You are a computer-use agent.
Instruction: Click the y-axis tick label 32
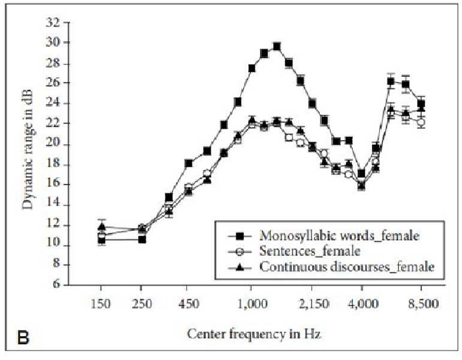tap(53, 22)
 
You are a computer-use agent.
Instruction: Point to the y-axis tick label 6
tap(56, 285)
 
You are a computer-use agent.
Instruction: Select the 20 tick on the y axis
tap(53, 145)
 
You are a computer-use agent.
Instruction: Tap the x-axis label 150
tap(101, 304)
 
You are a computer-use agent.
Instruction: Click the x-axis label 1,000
tap(250, 304)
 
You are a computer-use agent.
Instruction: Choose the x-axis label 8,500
tap(423, 304)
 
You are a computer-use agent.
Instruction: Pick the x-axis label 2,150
tap(314, 304)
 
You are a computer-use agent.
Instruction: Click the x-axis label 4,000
tap(363, 304)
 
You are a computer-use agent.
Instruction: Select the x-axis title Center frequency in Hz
tap(254, 334)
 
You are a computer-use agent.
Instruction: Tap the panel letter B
tap(23, 338)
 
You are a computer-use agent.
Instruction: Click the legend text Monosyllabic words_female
tap(339, 236)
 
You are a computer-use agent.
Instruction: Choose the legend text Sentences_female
tap(310, 252)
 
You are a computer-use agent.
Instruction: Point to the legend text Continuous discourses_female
tap(346, 267)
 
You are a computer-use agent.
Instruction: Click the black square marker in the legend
tap(240, 236)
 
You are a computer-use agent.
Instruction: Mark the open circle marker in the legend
tap(240, 252)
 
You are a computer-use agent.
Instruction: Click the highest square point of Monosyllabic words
tap(277, 47)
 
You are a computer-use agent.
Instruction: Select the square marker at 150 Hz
tap(102, 240)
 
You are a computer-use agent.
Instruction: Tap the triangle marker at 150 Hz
tap(102, 227)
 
